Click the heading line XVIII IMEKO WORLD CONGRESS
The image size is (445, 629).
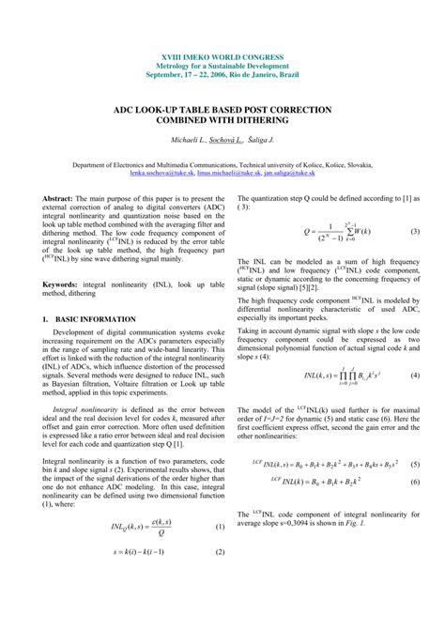pyautogui.click(x=222, y=58)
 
